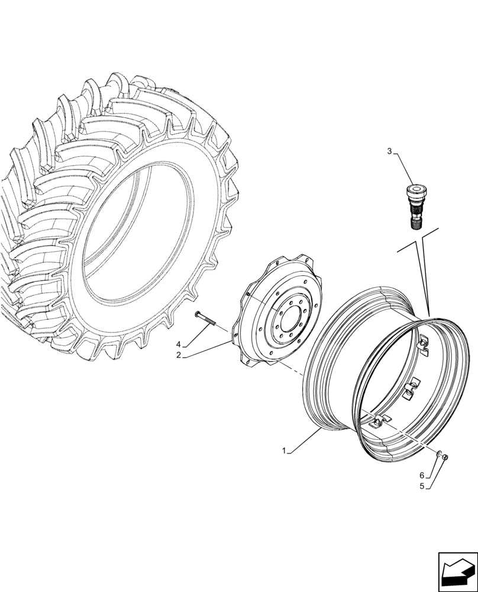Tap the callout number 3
390,152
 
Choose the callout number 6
422,475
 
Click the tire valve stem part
415,207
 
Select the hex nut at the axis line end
445,456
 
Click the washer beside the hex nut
439,454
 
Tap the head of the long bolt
196,313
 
